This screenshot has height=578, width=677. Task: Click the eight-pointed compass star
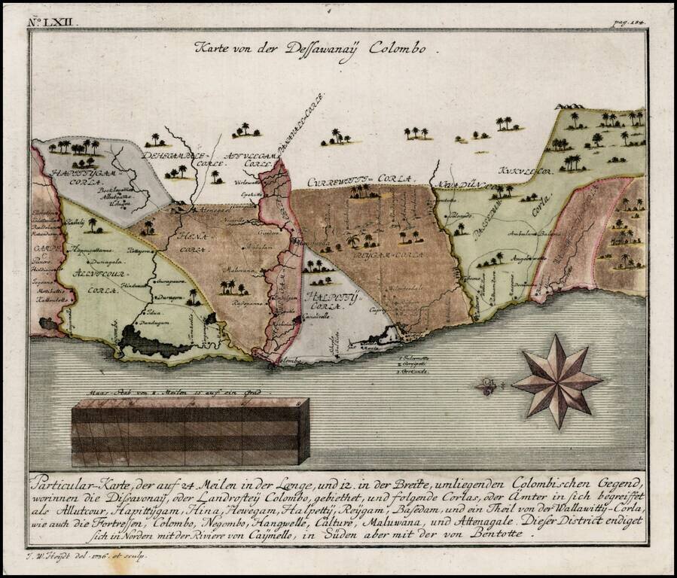point(557,381)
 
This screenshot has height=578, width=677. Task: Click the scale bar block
point(190,431)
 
